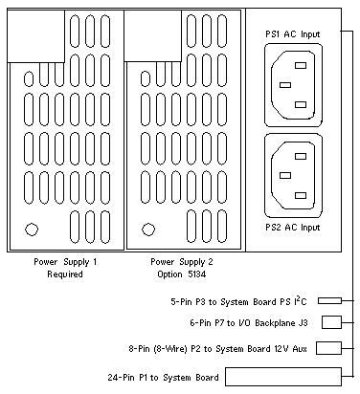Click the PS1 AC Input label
click(x=292, y=34)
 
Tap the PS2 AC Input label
click(x=292, y=228)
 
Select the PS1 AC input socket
click(x=293, y=85)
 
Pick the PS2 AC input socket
click(x=293, y=176)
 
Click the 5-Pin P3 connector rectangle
click(x=329, y=300)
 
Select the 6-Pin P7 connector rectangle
click(x=331, y=322)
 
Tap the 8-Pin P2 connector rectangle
click(x=328, y=348)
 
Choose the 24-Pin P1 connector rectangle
click(x=283, y=377)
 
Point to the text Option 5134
click(x=181, y=274)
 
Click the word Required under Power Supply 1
click(x=65, y=274)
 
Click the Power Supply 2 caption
click(x=182, y=262)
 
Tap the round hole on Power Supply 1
click(x=32, y=230)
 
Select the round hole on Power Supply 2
click(x=148, y=230)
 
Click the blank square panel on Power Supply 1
click(x=36, y=36)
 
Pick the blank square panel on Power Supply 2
click(x=153, y=35)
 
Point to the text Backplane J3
click(x=281, y=323)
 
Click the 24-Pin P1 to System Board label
click(x=163, y=378)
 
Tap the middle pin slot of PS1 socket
click(x=285, y=85)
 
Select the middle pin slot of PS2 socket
click(x=285, y=175)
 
